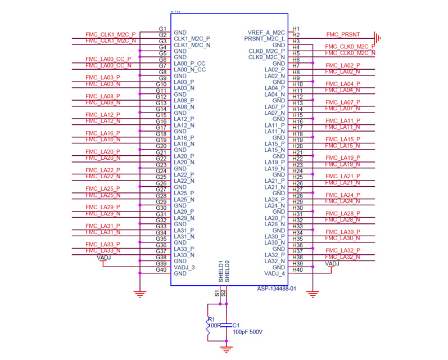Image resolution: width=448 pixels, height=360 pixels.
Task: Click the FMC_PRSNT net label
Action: pyautogui.click(x=343, y=35)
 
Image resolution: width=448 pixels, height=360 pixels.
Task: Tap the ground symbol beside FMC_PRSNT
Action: pyautogui.click(x=379, y=38)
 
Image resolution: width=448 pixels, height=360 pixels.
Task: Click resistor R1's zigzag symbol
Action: pyautogui.click(x=208, y=330)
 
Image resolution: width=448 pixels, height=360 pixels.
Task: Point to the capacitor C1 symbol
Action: pyautogui.click(x=225, y=325)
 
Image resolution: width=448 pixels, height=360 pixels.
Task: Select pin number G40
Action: pyautogui.click(x=161, y=269)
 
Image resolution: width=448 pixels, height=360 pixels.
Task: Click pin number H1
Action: pyautogui.click(x=297, y=29)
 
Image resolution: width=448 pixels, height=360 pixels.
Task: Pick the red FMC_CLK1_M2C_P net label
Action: pyautogui.click(x=110, y=35)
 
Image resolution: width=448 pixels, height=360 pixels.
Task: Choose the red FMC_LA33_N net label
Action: pyautogui.click(x=103, y=251)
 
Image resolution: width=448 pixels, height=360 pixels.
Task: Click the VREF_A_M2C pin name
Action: pyautogui.click(x=266, y=33)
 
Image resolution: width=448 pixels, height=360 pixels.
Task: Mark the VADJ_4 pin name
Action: pyautogui.click(x=275, y=274)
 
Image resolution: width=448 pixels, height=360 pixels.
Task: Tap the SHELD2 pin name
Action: pyautogui.click(x=228, y=271)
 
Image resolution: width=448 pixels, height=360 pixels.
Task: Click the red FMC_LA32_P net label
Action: pyautogui.click(x=343, y=251)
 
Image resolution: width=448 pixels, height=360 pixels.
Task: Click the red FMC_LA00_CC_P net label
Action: pyautogui.click(x=108, y=59)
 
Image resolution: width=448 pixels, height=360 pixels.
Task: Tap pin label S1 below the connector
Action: pyautogui.click(x=217, y=292)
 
